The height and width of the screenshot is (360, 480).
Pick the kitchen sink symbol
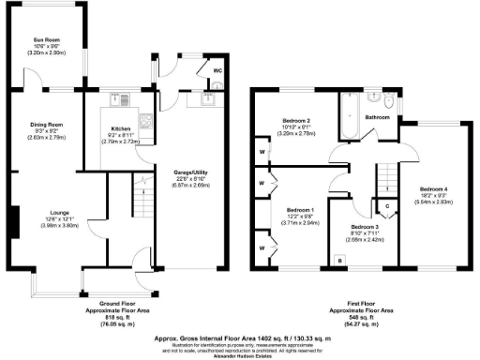point(119,98)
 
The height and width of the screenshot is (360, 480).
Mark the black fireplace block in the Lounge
point(15,222)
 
